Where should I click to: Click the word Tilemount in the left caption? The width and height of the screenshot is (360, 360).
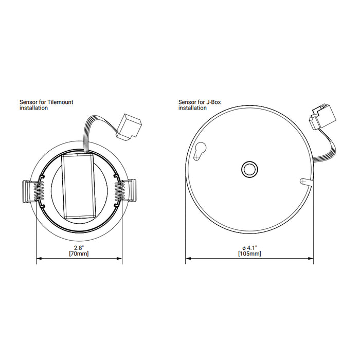click(60, 102)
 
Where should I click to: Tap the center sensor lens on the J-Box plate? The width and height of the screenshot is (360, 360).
click(249, 169)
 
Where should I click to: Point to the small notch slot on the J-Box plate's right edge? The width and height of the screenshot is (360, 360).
click(304, 182)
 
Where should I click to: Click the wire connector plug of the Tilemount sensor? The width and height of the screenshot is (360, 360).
click(127, 127)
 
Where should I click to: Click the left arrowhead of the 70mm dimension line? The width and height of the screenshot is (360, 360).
click(39, 258)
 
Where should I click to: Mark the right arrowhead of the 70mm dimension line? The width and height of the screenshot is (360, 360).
click(120, 258)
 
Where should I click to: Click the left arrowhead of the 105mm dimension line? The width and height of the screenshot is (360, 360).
click(188, 258)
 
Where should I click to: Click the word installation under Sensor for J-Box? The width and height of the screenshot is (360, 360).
click(192, 109)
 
